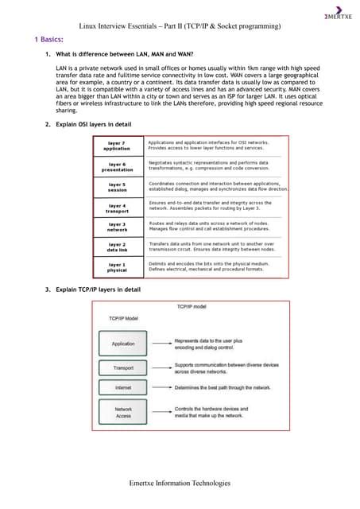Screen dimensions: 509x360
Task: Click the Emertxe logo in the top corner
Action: [337, 17]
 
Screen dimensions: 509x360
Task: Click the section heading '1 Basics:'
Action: [50, 39]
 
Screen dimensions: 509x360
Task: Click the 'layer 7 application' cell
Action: [117, 146]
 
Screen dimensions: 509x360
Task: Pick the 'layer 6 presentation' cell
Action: [117, 166]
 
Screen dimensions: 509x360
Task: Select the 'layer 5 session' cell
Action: [117, 187]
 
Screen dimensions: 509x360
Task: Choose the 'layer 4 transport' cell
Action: [117, 208]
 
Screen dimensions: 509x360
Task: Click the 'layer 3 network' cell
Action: [117, 228]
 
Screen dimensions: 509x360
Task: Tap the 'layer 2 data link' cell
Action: [117, 248]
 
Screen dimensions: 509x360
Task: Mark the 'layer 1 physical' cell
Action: [117, 268]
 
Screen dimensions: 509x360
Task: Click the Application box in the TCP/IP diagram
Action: [123, 344]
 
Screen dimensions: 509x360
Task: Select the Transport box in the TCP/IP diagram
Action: [123, 367]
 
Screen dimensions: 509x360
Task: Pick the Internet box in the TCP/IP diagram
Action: [123, 387]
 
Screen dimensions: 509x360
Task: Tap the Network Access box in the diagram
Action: [123, 412]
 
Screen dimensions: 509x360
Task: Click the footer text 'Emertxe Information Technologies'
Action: [180, 483]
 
